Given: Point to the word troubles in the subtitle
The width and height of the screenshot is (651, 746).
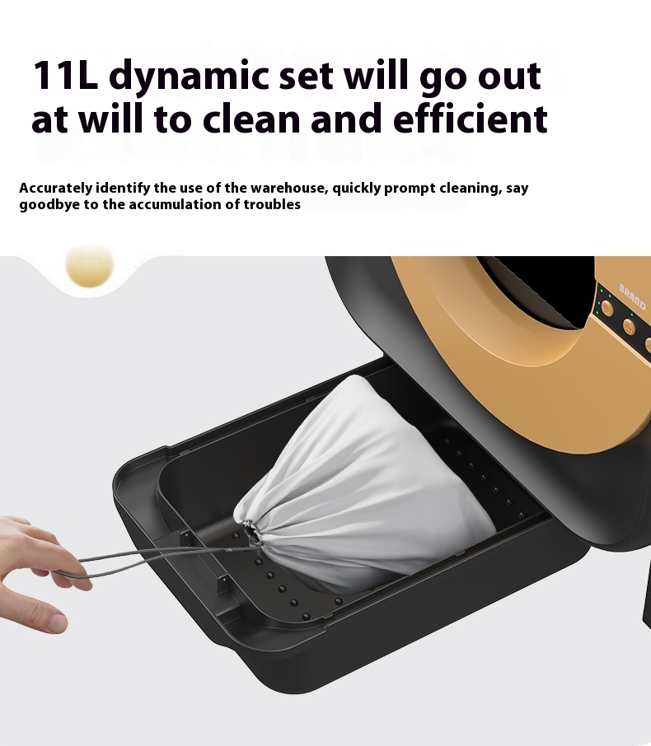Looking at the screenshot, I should [273, 205].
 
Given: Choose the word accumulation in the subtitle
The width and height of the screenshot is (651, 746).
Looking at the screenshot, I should [180, 205].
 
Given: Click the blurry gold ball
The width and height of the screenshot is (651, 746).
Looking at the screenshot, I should [89, 265].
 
